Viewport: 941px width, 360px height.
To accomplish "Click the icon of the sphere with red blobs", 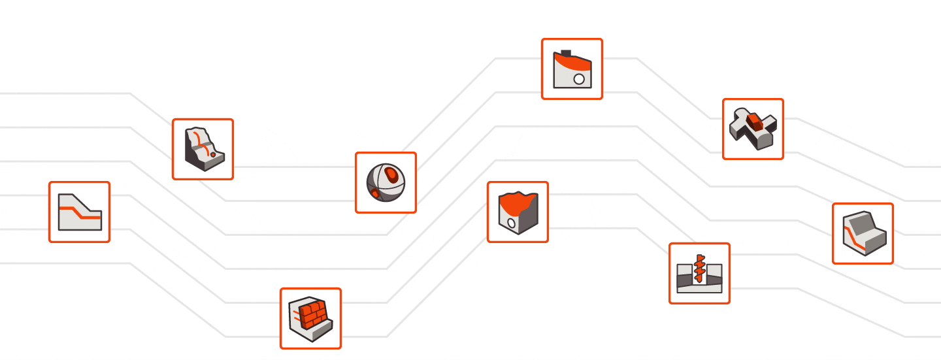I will (386, 182).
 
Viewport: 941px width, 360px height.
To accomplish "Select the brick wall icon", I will (310, 318).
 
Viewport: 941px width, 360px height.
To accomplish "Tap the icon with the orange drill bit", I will (699, 273).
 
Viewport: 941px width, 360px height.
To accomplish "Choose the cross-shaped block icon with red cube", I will (753, 129).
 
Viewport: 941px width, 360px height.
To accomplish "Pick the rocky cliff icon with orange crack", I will (203, 149).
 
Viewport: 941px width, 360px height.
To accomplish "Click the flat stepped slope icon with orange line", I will (79, 212).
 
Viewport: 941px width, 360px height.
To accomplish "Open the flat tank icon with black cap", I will (572, 69).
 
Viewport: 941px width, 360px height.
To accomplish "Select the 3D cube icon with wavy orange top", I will (518, 212).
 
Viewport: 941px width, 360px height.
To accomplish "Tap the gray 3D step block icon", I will (863, 233).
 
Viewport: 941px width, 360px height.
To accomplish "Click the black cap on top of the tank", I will (567, 54).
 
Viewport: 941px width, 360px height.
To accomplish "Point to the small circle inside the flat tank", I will (578, 79).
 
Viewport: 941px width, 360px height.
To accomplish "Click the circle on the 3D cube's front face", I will (511, 223).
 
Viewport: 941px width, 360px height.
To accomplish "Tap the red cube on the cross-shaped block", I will (755, 120).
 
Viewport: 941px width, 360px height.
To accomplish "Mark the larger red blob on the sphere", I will (391, 174).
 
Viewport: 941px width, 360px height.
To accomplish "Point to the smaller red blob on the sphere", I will (374, 193).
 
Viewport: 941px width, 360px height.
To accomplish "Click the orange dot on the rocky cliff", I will (213, 155).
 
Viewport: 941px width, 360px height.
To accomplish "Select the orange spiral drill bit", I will (699, 268).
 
